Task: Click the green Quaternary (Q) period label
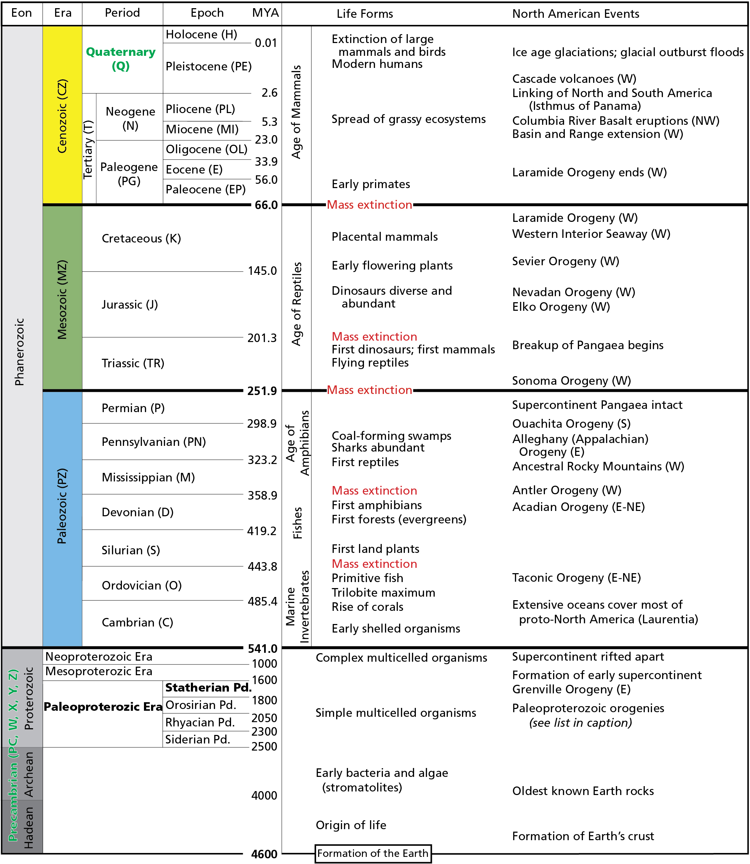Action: tap(120, 59)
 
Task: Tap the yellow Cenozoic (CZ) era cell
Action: tap(62, 116)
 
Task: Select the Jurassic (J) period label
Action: tap(130, 304)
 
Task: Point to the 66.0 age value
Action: tap(266, 205)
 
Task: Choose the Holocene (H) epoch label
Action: tap(201, 34)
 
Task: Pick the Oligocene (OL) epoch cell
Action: tap(206, 149)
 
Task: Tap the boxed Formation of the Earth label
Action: tap(373, 853)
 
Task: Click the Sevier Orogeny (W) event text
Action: tap(566, 261)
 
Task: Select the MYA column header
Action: tap(266, 13)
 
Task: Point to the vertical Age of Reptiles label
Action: tap(296, 304)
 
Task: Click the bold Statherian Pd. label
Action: tap(208, 687)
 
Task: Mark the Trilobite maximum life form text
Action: tap(384, 592)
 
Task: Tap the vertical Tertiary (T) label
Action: tap(88, 149)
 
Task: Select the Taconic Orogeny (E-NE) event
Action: tap(576, 578)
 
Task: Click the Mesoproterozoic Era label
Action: tap(99, 671)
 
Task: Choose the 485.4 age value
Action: tap(262, 602)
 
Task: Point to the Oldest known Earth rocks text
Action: tap(583, 791)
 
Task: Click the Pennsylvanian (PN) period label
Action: tap(154, 442)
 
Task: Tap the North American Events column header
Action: tap(575, 14)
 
